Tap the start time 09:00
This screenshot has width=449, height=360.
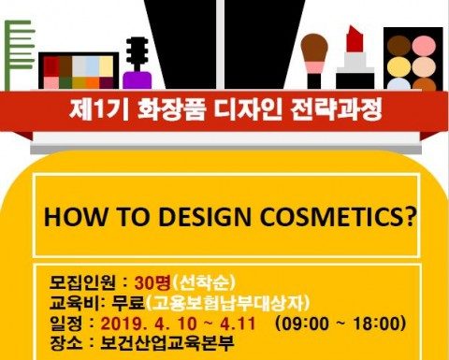[308, 323]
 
